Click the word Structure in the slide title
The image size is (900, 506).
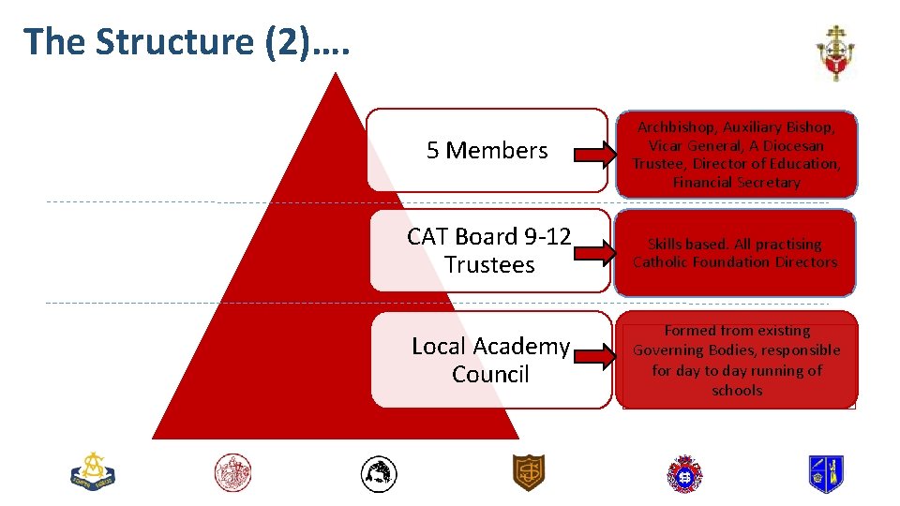pyautogui.click(x=175, y=41)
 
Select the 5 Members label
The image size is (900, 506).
pyautogui.click(x=487, y=150)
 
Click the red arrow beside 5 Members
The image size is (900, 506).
pyautogui.click(x=590, y=154)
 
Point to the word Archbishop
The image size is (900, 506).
pyautogui.click(x=674, y=126)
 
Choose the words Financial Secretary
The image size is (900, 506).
pyautogui.click(x=736, y=183)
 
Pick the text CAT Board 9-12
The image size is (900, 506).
pyautogui.click(x=488, y=237)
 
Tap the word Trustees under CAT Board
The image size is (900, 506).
pyautogui.click(x=489, y=265)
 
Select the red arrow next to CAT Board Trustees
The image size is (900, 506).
pyautogui.click(x=590, y=252)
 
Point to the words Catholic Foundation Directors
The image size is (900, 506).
pyautogui.click(x=735, y=262)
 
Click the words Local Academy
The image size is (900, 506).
pyautogui.click(x=490, y=347)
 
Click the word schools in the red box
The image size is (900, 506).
pyautogui.click(x=737, y=391)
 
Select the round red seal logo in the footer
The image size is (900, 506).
pyautogui.click(x=232, y=472)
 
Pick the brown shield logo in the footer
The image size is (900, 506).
pyautogui.click(x=528, y=472)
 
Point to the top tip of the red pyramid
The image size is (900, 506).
pyautogui.click(x=336, y=75)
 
